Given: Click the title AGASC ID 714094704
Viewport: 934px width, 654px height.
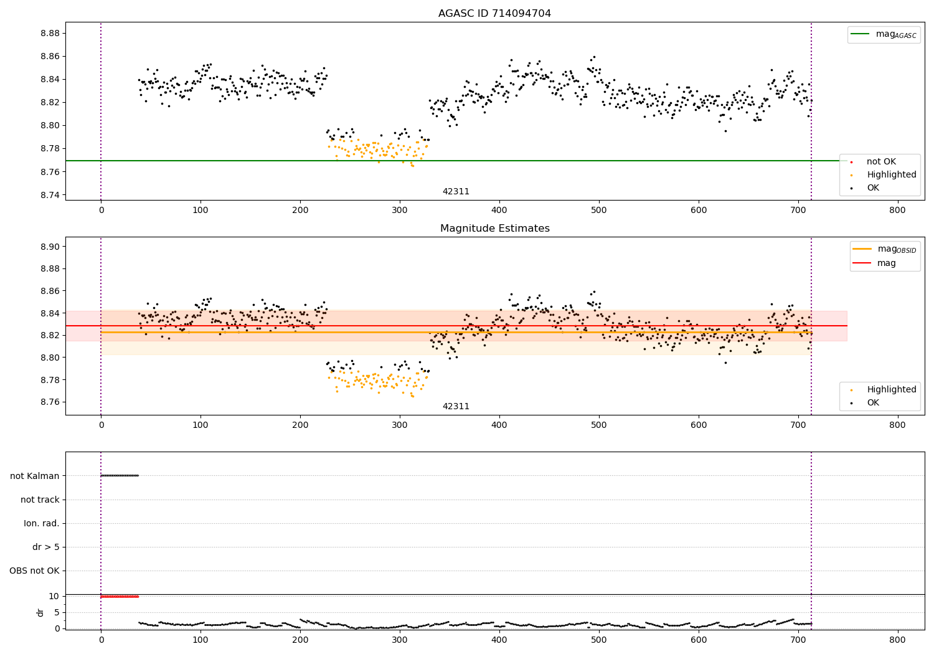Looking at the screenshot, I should [494, 14].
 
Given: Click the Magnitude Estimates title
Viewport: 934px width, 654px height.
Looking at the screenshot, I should [494, 229].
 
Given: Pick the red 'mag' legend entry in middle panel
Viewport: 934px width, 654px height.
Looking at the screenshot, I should [886, 263].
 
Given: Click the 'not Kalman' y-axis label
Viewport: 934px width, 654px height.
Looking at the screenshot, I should [35, 476].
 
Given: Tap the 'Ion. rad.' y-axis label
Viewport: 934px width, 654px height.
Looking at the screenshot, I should [42, 523].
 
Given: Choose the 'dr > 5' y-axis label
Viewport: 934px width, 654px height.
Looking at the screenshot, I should [46, 547].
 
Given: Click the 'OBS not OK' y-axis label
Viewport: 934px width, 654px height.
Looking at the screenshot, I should [34, 571].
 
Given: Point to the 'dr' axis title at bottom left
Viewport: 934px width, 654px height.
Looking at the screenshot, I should [40, 612].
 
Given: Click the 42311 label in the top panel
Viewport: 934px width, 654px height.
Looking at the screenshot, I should [456, 192].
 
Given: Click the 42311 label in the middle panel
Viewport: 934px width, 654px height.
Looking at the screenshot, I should [456, 407].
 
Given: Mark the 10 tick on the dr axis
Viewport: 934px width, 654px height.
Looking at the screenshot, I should [54, 596].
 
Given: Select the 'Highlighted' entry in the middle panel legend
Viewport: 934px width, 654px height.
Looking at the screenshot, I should [891, 390].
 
